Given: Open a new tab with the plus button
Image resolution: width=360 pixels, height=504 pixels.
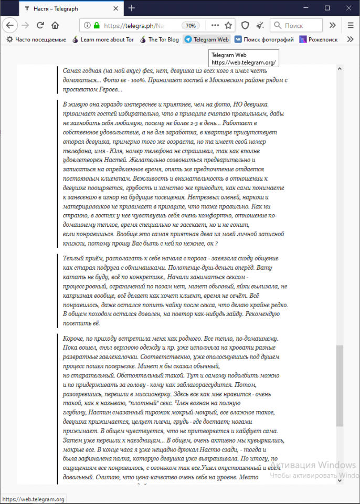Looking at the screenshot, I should tap(132, 8).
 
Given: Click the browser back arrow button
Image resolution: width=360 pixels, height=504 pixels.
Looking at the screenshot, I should tap(10, 25).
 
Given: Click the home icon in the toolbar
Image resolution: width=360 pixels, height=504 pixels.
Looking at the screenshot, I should tap(55, 25).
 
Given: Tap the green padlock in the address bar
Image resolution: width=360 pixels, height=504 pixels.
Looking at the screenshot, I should tap(97, 25).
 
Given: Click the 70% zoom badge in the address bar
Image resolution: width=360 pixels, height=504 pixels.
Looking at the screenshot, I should tap(190, 25).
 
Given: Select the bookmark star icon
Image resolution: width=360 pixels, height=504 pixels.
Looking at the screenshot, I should tap(228, 25).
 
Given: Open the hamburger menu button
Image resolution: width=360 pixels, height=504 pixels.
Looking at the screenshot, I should tap(351, 25).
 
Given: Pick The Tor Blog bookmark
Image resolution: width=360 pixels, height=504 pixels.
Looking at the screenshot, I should tap(159, 39).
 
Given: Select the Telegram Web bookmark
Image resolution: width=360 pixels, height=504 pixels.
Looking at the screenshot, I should tap(206, 39).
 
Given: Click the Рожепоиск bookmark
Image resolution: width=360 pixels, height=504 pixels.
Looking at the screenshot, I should tap(319, 39).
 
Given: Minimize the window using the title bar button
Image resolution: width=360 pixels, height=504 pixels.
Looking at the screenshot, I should tap(303, 8).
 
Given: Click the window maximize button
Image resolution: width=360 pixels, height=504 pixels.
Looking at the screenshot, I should tap(327, 8).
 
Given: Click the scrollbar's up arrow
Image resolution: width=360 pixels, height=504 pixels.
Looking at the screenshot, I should tap(340, 69).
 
